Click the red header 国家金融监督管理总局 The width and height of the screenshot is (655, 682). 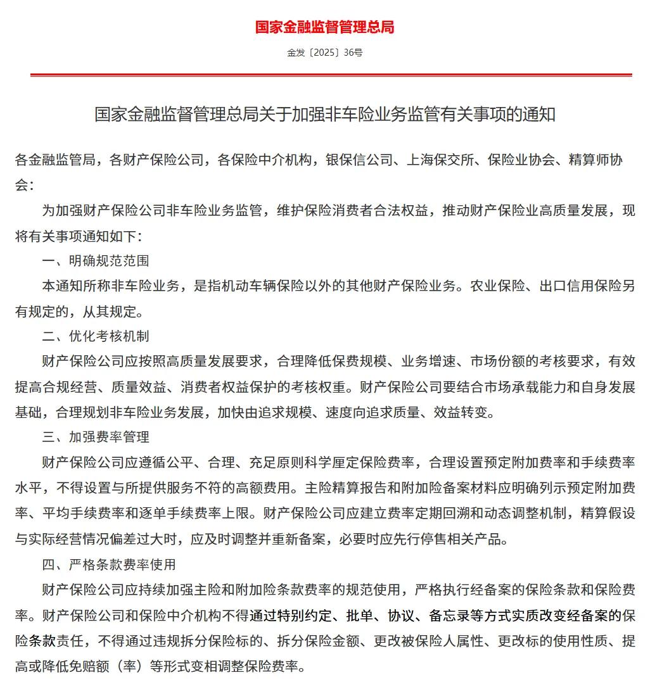[x=324, y=27]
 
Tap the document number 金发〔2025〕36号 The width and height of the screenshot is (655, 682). [x=324, y=53]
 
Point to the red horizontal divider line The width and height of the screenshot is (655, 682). [x=331, y=75]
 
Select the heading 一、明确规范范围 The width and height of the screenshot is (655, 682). [x=96, y=260]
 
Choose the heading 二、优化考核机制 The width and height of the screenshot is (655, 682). [x=96, y=336]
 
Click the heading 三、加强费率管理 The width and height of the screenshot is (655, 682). [x=96, y=437]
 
